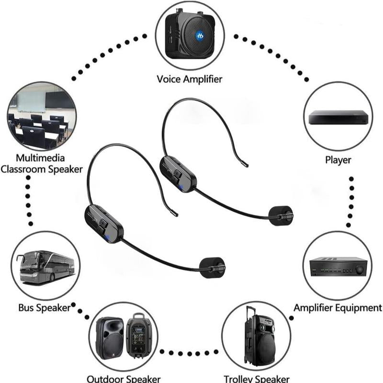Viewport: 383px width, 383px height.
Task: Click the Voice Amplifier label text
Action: click(x=190, y=79)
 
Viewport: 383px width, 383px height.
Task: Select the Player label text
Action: click(x=338, y=160)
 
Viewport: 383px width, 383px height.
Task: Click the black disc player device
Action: click(x=338, y=117)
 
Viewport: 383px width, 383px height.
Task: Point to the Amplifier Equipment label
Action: click(x=338, y=308)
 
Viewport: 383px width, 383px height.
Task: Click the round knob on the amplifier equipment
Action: click(x=359, y=270)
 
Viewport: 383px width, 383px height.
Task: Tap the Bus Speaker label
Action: click(x=44, y=308)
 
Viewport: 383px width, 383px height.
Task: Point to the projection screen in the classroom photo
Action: click(x=31, y=101)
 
